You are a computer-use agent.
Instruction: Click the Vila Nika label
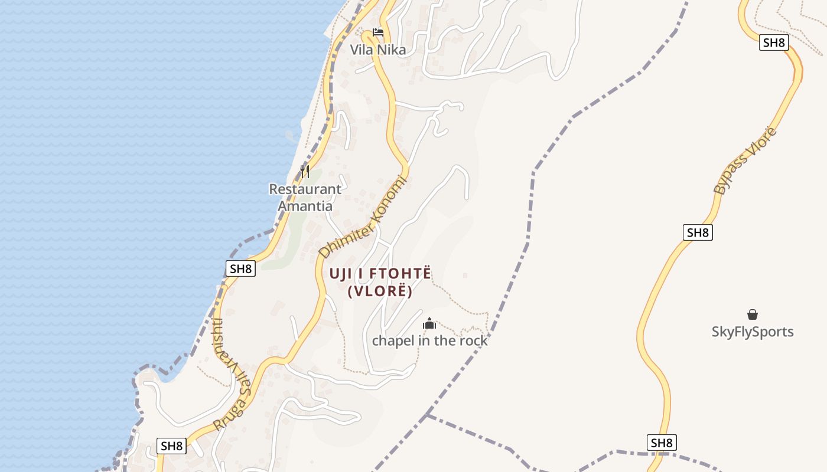coord(378,50)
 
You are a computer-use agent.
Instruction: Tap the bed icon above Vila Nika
coord(378,32)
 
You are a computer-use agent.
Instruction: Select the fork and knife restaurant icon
coord(305,172)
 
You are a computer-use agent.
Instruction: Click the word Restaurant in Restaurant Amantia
coord(305,189)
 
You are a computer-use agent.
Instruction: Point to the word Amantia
coord(305,206)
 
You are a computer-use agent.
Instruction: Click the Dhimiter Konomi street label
coord(363,217)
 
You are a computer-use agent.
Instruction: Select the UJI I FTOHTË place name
coord(380,274)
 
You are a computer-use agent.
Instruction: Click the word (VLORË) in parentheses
coord(380,291)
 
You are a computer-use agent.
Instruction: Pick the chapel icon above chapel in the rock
coord(429,323)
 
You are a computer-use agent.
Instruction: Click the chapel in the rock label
coord(429,340)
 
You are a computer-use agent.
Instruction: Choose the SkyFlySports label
coord(753,332)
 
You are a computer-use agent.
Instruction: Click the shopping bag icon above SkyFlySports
coord(753,314)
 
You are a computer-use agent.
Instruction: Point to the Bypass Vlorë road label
coord(745,160)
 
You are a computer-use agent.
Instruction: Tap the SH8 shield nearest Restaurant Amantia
coord(240,269)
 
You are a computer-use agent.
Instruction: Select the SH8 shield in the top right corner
coord(774,42)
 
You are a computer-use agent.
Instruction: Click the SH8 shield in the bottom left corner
coord(172,446)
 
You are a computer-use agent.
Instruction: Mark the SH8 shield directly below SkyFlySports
coord(662,442)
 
